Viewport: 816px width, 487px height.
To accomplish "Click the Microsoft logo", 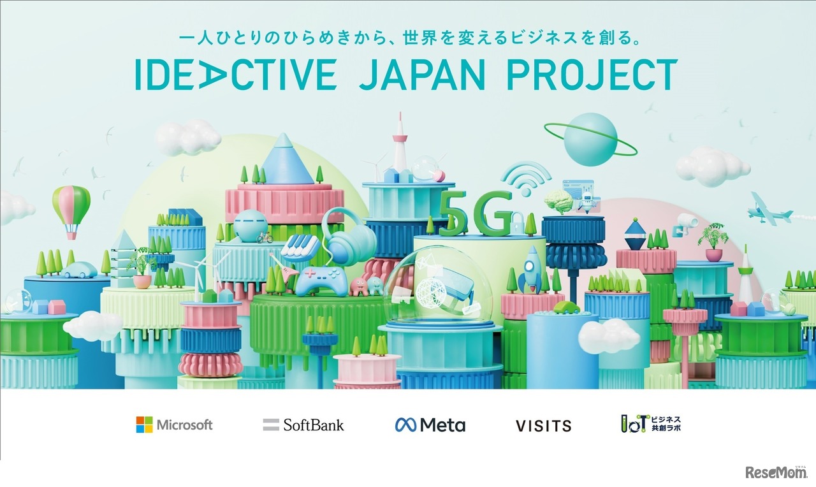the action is tap(174, 425).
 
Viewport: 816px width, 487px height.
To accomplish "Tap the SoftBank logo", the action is tap(303, 425).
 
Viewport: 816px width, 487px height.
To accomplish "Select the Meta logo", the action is tap(430, 425).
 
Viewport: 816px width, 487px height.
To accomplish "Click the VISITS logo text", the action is tap(544, 425).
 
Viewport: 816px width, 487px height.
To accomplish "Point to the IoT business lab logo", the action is tap(651, 424).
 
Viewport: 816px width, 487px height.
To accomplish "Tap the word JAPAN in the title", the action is tap(422, 75).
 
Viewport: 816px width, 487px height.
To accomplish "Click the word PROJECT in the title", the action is tap(592, 75).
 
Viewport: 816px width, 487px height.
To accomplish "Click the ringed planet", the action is tap(590, 140).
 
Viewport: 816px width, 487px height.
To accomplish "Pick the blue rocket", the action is tap(532, 269).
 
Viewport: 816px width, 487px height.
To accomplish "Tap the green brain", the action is tap(558, 201).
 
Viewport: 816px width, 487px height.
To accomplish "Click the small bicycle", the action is tap(265, 238).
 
